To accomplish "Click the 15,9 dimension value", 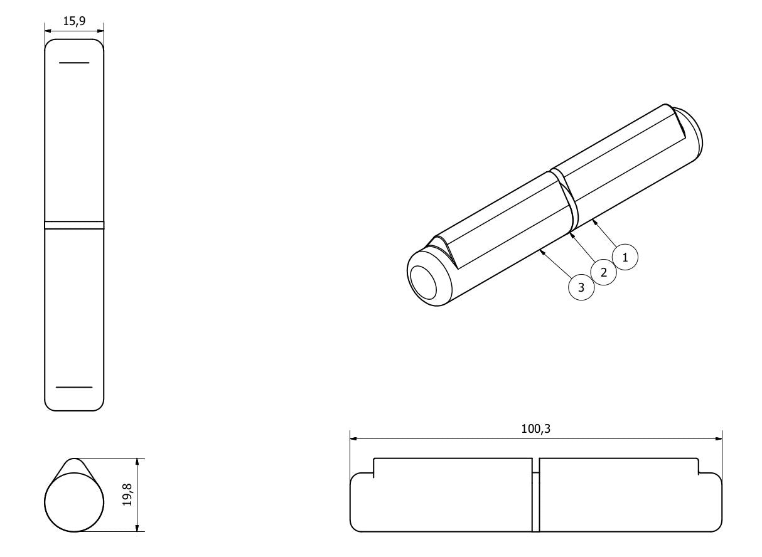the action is (74, 21).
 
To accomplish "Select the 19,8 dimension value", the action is (127, 495).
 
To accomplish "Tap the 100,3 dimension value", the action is (536, 429).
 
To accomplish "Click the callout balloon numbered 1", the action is (625, 257).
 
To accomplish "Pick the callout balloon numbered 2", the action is (604, 272).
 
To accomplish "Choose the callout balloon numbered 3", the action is (581, 287).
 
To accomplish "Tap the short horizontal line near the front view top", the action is (74, 63).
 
